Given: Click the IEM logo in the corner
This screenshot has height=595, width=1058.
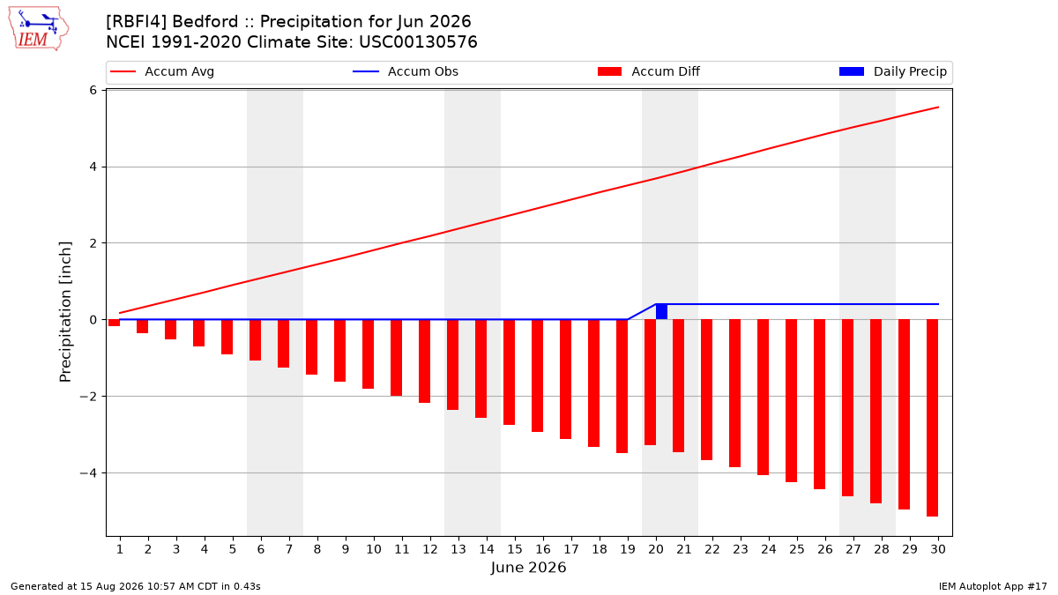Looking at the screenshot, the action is (38, 29).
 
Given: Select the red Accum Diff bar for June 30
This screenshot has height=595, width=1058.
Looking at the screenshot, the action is (932, 418).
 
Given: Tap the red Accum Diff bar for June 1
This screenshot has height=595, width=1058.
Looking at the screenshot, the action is (114, 323).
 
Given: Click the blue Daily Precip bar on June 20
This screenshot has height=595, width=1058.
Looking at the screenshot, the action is (661, 312).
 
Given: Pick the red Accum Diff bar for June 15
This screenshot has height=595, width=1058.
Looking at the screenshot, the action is (509, 372).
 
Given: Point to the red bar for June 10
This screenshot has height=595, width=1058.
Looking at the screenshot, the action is (368, 354).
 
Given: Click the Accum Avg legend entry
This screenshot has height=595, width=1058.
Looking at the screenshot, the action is (162, 71).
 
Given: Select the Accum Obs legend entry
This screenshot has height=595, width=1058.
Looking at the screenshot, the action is (406, 71).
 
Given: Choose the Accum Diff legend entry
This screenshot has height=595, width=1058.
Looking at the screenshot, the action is (649, 71).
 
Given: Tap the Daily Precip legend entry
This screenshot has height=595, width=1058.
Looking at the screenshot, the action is (892, 71).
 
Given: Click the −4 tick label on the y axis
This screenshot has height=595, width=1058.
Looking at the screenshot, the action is (88, 472).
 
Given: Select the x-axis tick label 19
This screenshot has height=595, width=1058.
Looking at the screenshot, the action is (628, 549).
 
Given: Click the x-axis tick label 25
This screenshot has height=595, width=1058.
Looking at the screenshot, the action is (797, 549).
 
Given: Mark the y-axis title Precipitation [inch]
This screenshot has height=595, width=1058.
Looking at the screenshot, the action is (65, 312).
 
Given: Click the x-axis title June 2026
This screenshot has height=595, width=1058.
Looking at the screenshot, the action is (528, 567).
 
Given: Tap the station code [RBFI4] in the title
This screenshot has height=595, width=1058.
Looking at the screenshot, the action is (136, 22).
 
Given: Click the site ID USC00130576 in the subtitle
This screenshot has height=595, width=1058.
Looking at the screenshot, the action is (418, 42).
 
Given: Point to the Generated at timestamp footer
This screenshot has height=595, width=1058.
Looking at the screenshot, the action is (136, 586).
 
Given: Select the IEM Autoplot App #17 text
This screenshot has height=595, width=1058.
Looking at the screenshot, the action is (993, 586).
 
